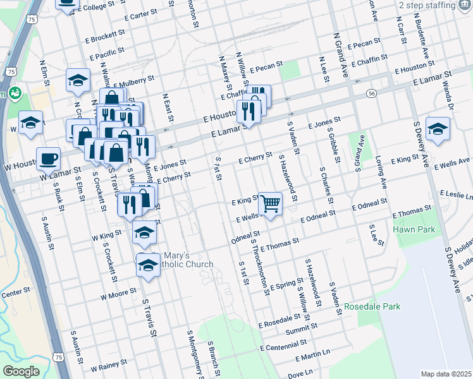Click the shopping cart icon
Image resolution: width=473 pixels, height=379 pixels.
click(x=270, y=203)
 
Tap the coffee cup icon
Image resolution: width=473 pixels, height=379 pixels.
click(x=48, y=159)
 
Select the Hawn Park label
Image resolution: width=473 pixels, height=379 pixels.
click(x=414, y=230)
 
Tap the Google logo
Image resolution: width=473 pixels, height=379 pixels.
click(x=21, y=371)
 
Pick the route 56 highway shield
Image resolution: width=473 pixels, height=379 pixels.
click(x=372, y=93)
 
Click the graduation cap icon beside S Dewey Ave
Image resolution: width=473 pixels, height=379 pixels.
click(x=438, y=129)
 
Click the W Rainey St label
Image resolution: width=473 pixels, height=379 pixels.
click(x=109, y=364)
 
